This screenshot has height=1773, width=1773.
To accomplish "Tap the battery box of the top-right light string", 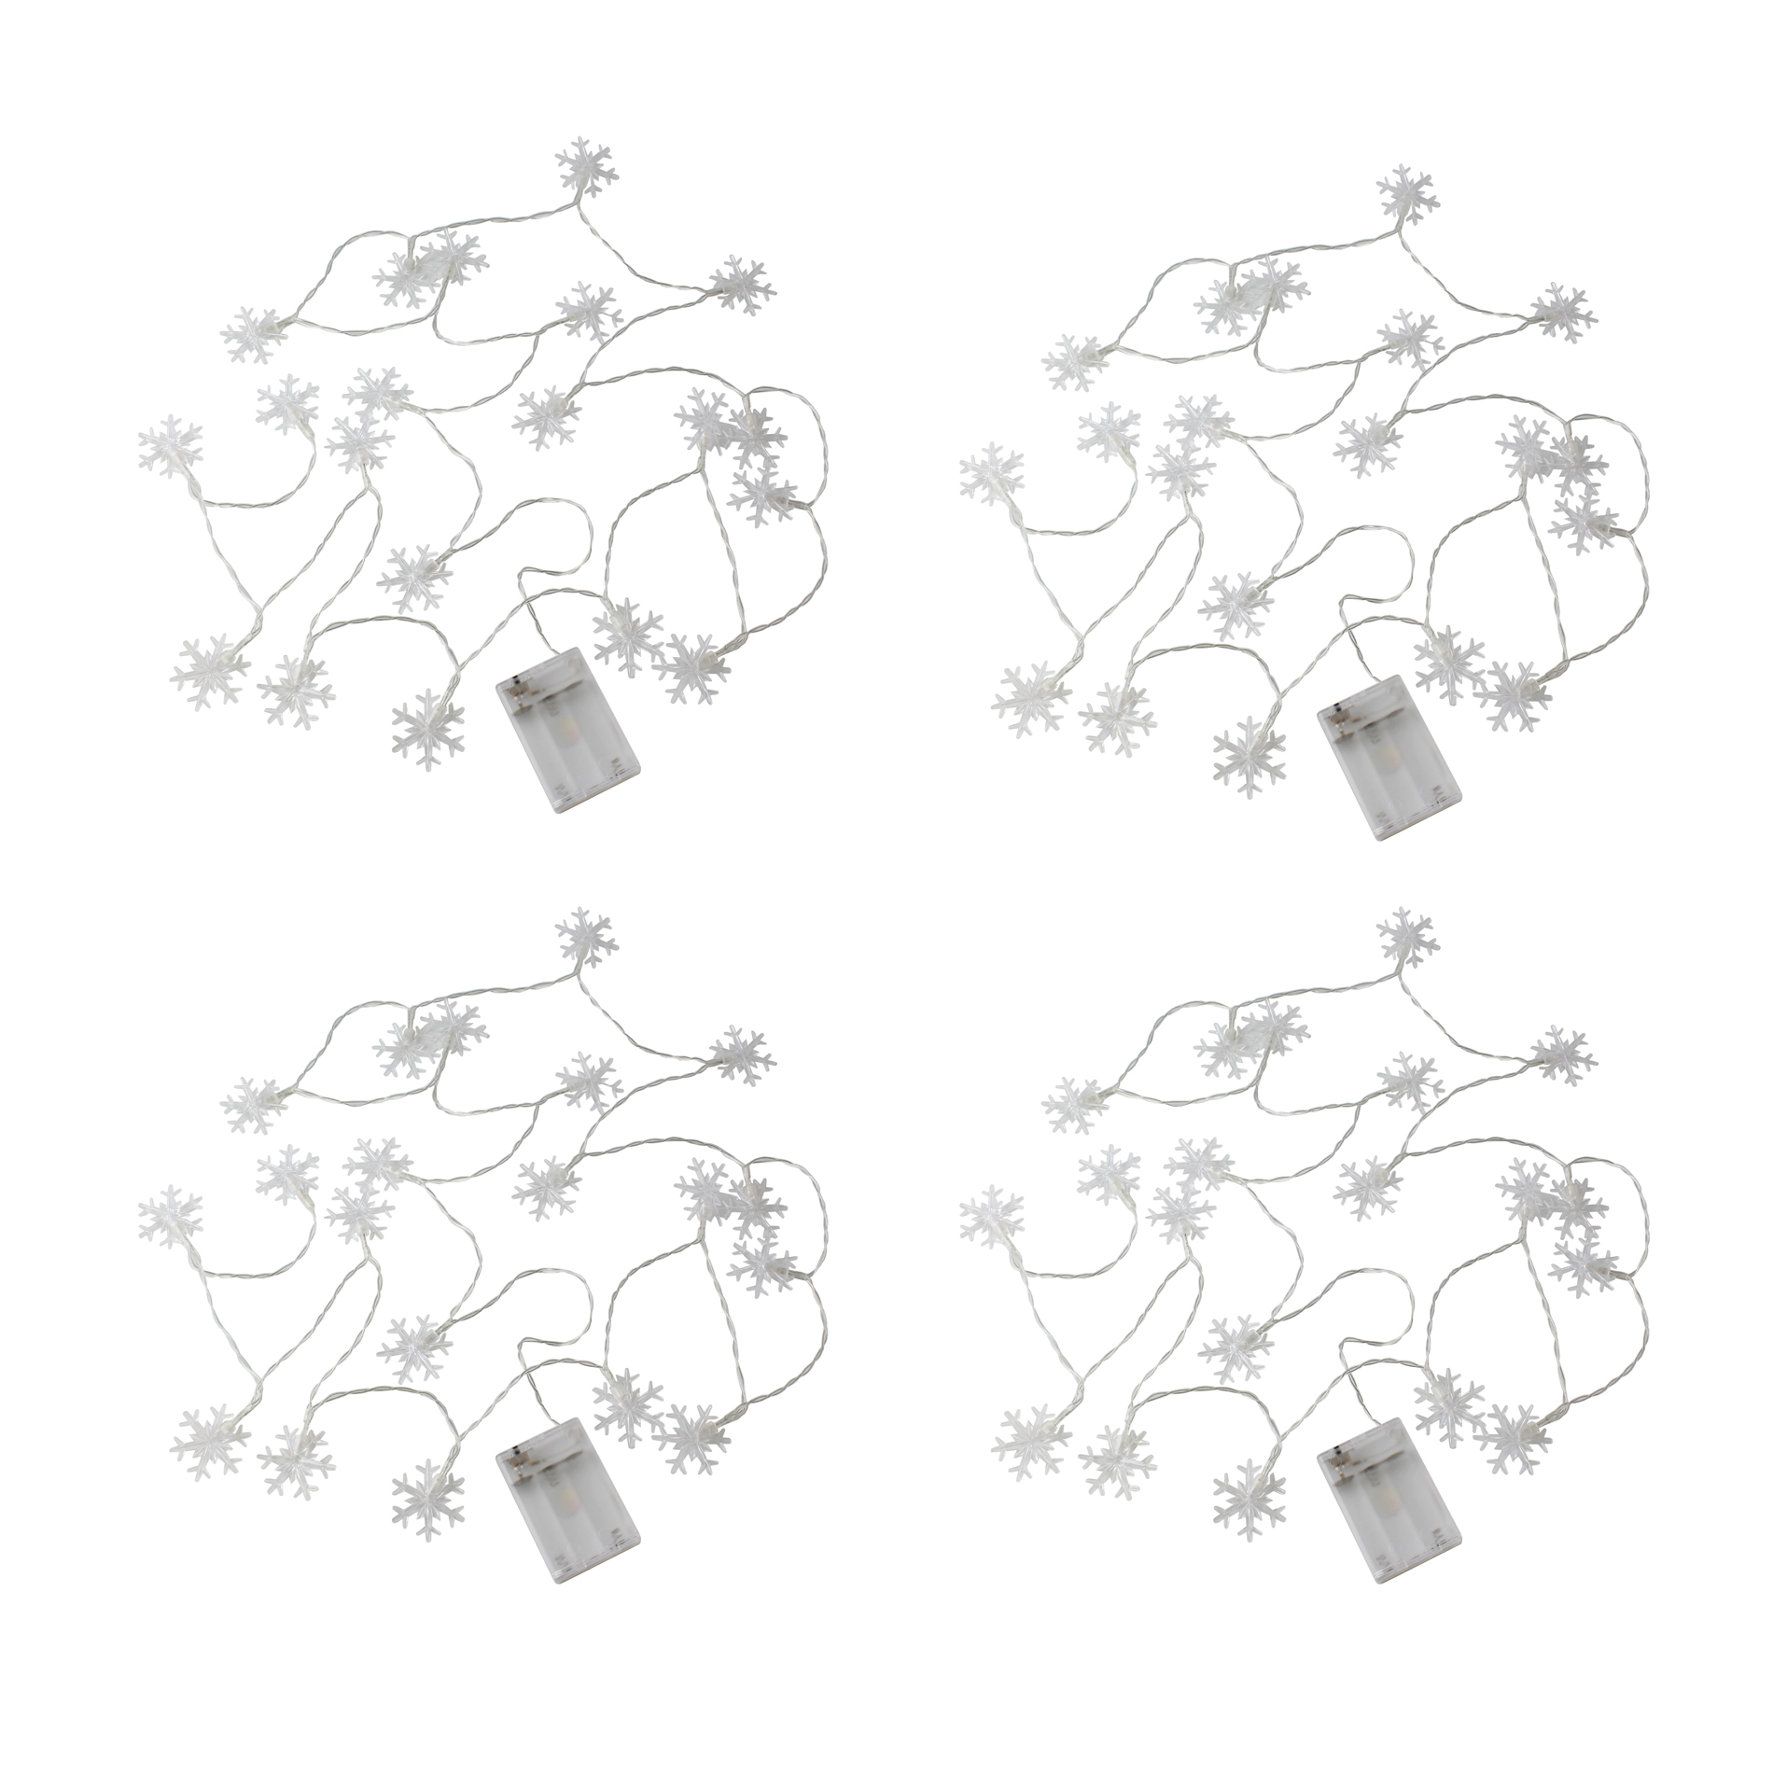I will [x=1389, y=757].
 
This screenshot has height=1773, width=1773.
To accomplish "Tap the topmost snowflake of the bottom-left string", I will [x=588, y=940].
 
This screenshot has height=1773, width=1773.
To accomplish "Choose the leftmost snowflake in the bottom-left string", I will [x=170, y=1218].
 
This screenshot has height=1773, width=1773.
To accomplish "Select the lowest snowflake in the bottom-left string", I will [x=427, y=1499].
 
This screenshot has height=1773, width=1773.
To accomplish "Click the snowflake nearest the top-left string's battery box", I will [x=627, y=635].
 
